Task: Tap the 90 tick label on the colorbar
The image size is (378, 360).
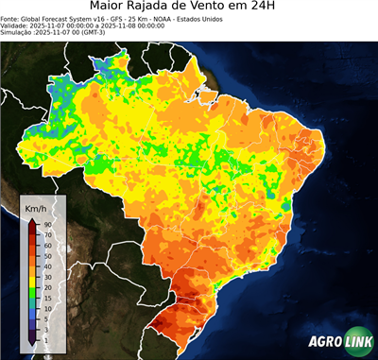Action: pyautogui.click(x=46, y=224)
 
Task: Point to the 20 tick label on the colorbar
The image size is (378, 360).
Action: pyautogui.click(x=46, y=289)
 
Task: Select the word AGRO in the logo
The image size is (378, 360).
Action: pyautogui.click(x=323, y=342)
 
